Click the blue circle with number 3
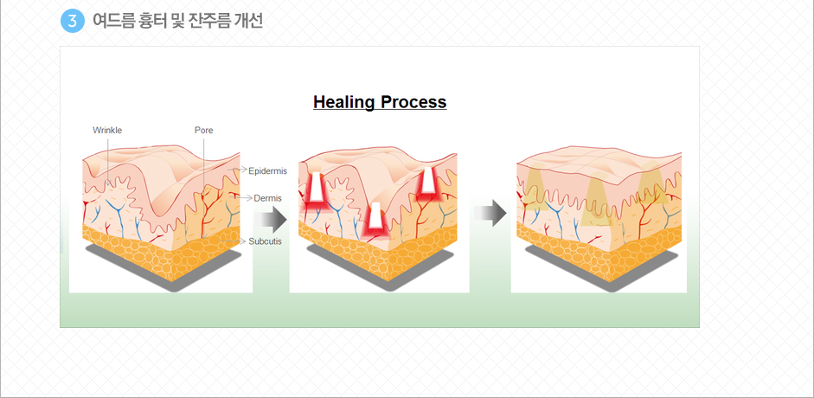click(x=72, y=21)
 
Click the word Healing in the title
click(x=344, y=102)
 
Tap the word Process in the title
click(x=413, y=102)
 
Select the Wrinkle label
click(x=107, y=131)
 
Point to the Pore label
click(x=203, y=131)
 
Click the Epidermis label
click(x=268, y=170)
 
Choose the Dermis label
click(x=268, y=198)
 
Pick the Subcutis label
click(x=266, y=241)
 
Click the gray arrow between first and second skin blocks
click(x=271, y=221)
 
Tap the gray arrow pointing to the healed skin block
click(x=490, y=213)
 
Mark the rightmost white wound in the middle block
click(x=428, y=180)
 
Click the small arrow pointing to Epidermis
click(x=237, y=170)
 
